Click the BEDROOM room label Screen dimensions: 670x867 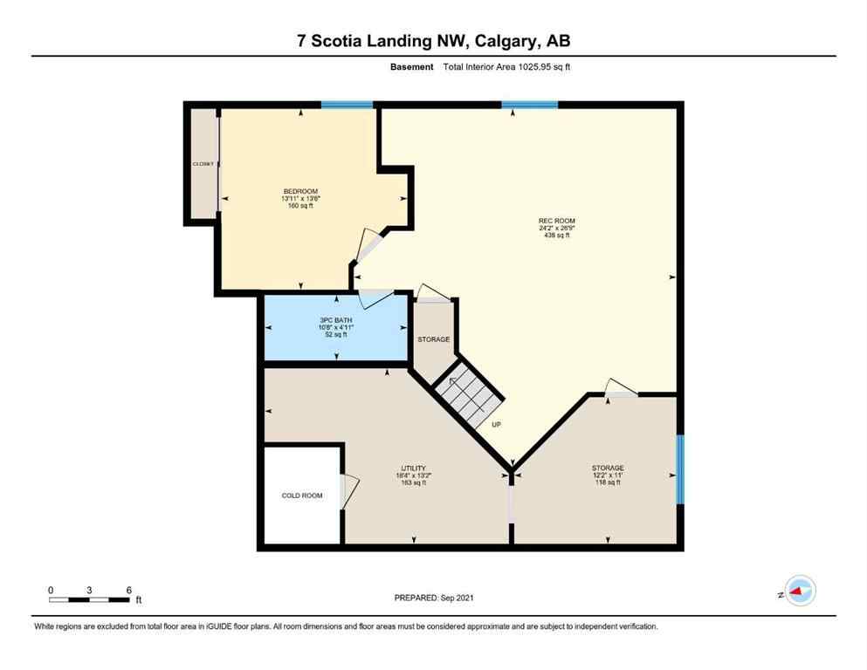point(299,192)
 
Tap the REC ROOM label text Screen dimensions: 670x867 point(556,221)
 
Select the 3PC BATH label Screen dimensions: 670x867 point(333,320)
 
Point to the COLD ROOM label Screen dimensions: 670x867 point(301,496)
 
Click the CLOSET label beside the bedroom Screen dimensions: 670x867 point(203,164)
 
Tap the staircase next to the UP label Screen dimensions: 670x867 point(471,394)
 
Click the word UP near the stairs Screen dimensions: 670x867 point(496,425)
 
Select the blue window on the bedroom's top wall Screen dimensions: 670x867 point(347,105)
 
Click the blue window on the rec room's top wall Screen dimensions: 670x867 point(529,105)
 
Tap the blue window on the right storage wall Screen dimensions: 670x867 point(680,469)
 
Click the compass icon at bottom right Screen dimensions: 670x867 point(799,591)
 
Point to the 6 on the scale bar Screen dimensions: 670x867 point(128,591)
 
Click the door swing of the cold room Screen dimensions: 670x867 point(349,491)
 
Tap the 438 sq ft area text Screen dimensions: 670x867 point(556,236)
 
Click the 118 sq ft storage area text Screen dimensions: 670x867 point(607,482)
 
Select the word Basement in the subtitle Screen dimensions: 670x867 point(411,66)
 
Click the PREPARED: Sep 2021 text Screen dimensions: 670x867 point(434,598)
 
